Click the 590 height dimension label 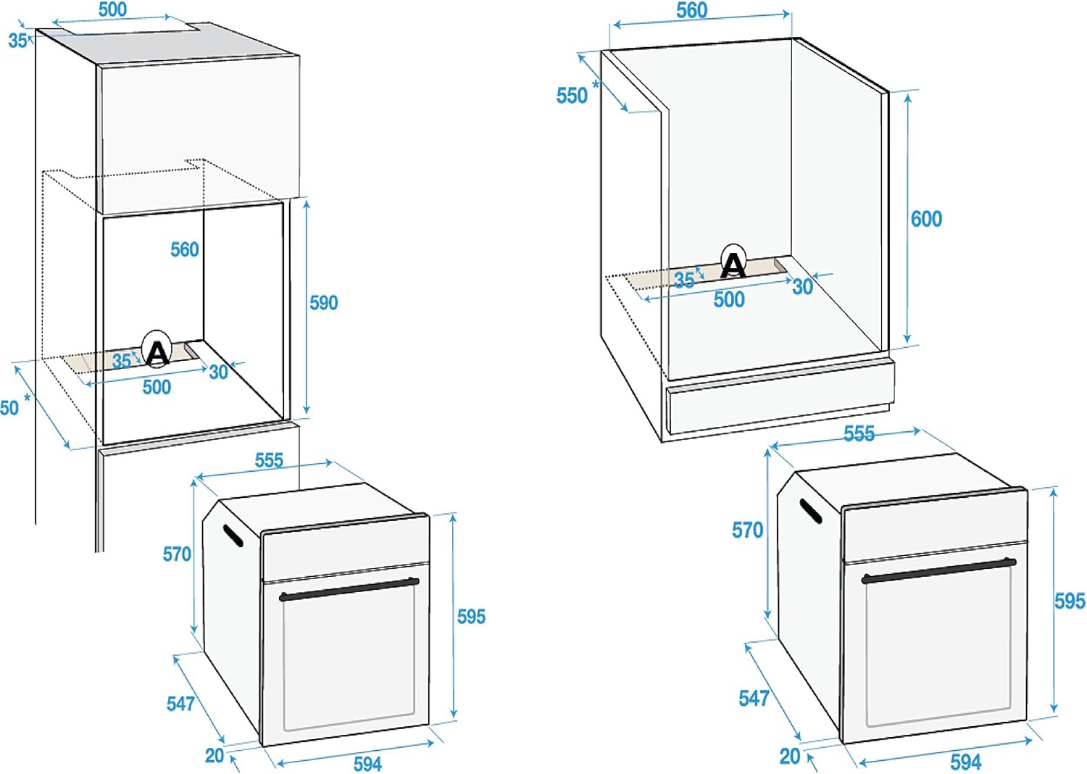point(323,302)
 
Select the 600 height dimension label point(926,219)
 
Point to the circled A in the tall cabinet point(157,351)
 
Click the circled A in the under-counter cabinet point(733,264)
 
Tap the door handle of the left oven point(349,588)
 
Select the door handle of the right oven point(938,570)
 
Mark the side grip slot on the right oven point(811,510)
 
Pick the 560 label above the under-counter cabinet point(691,10)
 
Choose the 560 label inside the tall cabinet point(184,249)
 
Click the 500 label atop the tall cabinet point(112,9)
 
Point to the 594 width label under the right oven point(965,762)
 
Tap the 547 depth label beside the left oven point(180,703)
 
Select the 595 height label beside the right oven point(1069,601)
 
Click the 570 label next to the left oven point(177,554)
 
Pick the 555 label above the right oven point(859,433)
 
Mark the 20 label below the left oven point(215,755)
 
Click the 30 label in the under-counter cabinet point(802,287)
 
